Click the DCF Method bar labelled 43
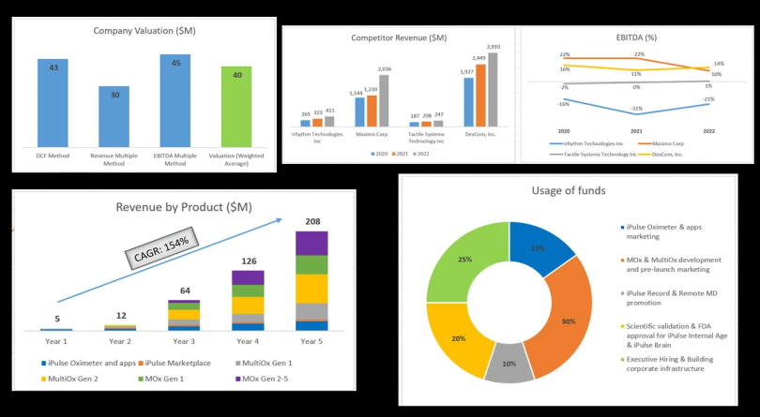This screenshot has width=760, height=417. (x=53, y=103)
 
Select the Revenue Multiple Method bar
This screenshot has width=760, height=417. (x=114, y=116)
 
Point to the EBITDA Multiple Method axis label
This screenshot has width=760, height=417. (x=175, y=159)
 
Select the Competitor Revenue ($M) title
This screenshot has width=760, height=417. (x=399, y=37)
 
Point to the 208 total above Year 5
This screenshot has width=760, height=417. (x=312, y=222)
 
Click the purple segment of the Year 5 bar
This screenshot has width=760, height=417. (x=312, y=243)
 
